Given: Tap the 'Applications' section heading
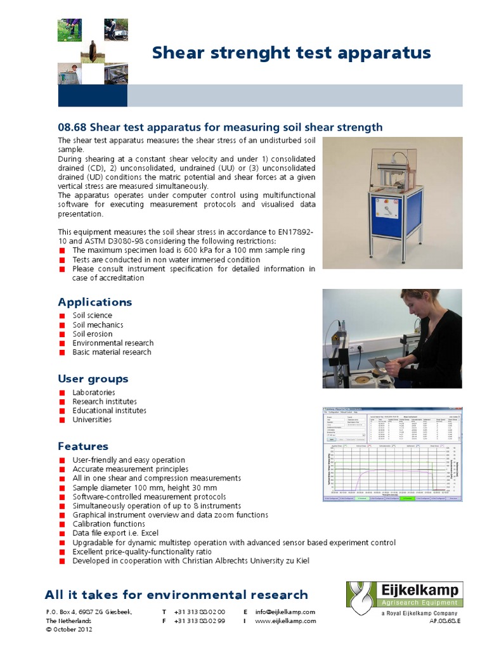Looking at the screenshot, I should [x=95, y=302].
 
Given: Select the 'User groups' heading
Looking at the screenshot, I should [x=93, y=379].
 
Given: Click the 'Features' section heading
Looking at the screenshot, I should [x=83, y=446].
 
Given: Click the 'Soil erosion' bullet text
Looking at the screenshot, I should [x=93, y=334].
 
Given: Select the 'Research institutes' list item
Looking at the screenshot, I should [x=105, y=401].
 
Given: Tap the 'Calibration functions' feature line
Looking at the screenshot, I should [x=109, y=524].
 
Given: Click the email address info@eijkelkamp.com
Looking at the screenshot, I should [x=285, y=612].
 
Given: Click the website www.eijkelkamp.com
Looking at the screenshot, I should [x=285, y=621].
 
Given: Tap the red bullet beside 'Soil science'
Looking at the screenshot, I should [x=62, y=316].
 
